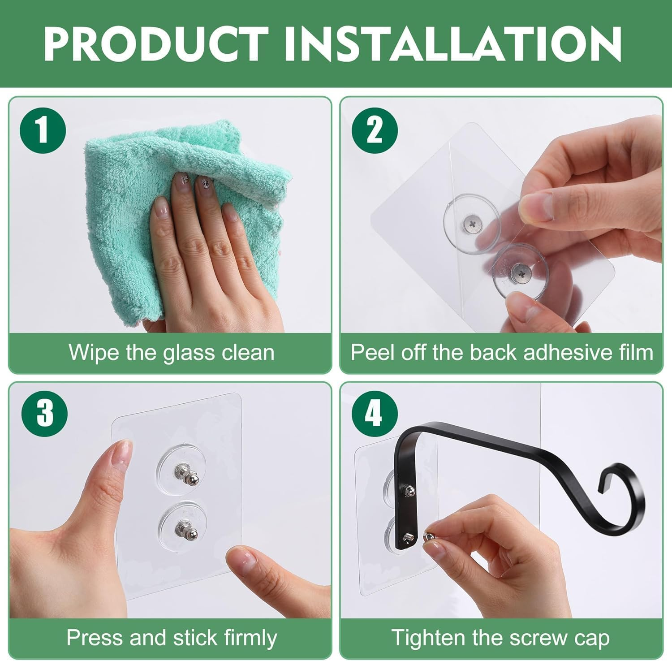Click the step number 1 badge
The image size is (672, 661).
[x=43, y=130]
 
